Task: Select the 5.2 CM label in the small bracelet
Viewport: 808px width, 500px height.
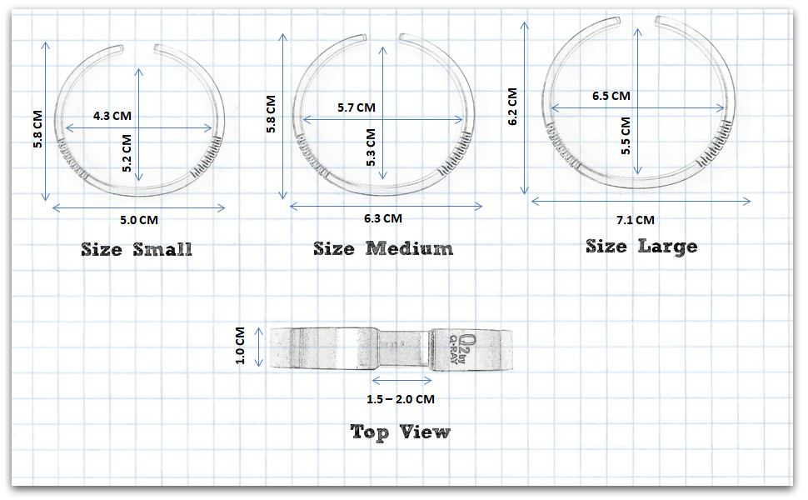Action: (127, 152)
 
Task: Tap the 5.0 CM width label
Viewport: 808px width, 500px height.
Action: (138, 221)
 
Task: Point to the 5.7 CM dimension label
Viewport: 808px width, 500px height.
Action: (357, 108)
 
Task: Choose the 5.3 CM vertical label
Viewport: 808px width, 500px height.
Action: (370, 147)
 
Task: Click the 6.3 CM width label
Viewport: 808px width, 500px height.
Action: (382, 218)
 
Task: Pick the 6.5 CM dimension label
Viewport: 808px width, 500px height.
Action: (611, 96)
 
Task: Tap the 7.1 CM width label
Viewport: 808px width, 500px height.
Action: (635, 220)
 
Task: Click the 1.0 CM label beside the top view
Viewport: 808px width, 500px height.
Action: (241, 346)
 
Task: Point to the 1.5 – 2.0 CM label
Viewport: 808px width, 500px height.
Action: (401, 399)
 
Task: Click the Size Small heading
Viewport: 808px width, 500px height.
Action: (137, 249)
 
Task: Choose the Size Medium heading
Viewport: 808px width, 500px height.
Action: (383, 248)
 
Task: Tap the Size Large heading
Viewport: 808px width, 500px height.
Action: (641, 246)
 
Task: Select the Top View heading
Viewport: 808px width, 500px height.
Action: (400, 432)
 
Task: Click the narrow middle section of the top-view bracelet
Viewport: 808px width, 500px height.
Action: (403, 346)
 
